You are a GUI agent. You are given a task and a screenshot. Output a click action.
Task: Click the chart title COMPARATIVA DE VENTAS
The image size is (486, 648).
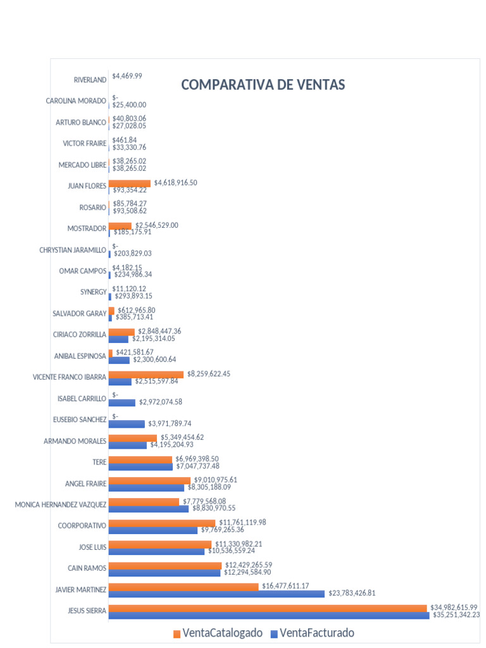(263, 85)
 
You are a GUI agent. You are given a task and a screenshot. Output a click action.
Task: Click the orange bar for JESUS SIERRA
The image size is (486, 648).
(268, 608)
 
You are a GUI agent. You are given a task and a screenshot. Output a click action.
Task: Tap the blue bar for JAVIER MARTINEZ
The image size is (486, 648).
(216, 594)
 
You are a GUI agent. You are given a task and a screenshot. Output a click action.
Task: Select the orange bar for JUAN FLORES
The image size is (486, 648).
(130, 183)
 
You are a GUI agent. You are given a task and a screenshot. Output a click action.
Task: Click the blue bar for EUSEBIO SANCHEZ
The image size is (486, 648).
(127, 424)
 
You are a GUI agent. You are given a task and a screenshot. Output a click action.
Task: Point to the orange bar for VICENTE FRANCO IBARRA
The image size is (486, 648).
(146, 375)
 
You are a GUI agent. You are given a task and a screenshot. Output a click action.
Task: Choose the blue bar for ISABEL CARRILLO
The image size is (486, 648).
(122, 402)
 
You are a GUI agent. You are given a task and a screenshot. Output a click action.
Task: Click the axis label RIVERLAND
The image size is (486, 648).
(90, 80)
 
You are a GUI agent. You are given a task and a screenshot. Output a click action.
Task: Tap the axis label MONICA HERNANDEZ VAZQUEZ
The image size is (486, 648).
(61, 504)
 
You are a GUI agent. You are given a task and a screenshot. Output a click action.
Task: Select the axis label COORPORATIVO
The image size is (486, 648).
(82, 525)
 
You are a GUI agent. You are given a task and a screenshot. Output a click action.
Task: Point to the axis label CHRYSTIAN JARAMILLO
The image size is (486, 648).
(73, 250)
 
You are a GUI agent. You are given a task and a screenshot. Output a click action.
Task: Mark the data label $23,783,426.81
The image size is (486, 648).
(361, 594)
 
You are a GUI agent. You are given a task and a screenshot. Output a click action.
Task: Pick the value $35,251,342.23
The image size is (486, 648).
(456, 614)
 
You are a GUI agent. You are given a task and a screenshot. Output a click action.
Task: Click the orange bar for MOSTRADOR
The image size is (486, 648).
(120, 225)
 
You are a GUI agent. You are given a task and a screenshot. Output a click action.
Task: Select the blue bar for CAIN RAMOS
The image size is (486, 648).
(165, 573)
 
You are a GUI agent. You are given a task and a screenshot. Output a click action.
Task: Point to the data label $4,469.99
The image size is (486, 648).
(127, 76)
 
